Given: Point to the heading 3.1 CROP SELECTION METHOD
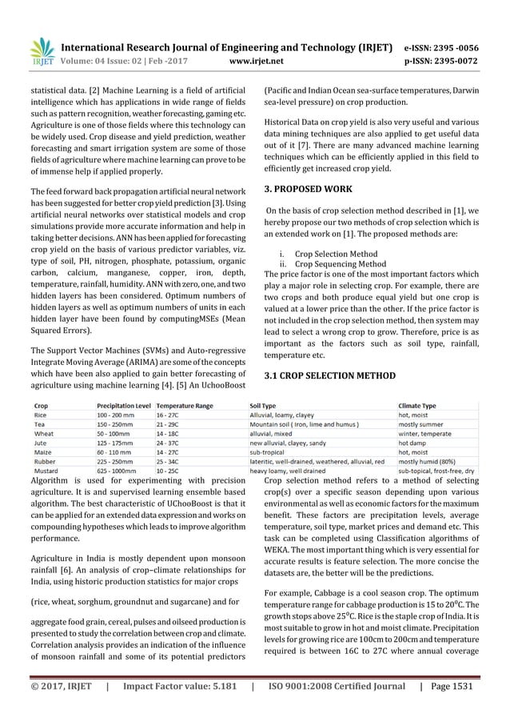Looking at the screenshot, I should (329, 375).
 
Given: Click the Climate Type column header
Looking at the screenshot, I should (417, 406).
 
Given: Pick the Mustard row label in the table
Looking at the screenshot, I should (45, 471).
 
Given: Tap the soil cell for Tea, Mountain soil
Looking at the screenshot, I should (303, 424).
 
